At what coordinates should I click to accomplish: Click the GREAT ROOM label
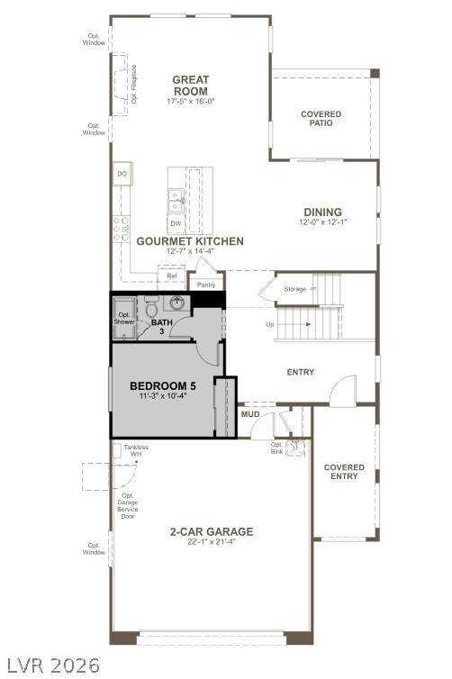tap(191, 86)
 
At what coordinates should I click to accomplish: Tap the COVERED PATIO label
tap(321, 118)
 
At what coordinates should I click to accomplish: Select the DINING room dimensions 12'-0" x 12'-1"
tap(323, 222)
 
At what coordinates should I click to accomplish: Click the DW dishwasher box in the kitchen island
tap(176, 223)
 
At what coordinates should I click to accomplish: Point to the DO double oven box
tap(122, 174)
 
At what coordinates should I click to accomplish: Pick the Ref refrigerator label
tap(172, 276)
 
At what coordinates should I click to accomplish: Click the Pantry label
tap(206, 285)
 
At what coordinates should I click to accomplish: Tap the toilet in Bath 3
tap(151, 306)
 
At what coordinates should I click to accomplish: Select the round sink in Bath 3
tap(176, 303)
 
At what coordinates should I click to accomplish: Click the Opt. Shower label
tap(124, 318)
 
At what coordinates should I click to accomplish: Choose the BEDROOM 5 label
tap(163, 385)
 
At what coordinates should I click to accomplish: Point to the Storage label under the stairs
tap(294, 289)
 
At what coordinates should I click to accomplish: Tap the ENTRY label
tap(301, 372)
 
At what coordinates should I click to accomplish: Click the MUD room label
tap(250, 414)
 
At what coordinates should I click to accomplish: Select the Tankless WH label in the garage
tap(136, 450)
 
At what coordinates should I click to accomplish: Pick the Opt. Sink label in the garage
tap(276, 448)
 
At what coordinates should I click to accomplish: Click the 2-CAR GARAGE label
tap(212, 531)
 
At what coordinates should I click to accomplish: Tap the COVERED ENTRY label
tap(344, 472)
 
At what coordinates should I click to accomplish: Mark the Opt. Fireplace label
tap(134, 84)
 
